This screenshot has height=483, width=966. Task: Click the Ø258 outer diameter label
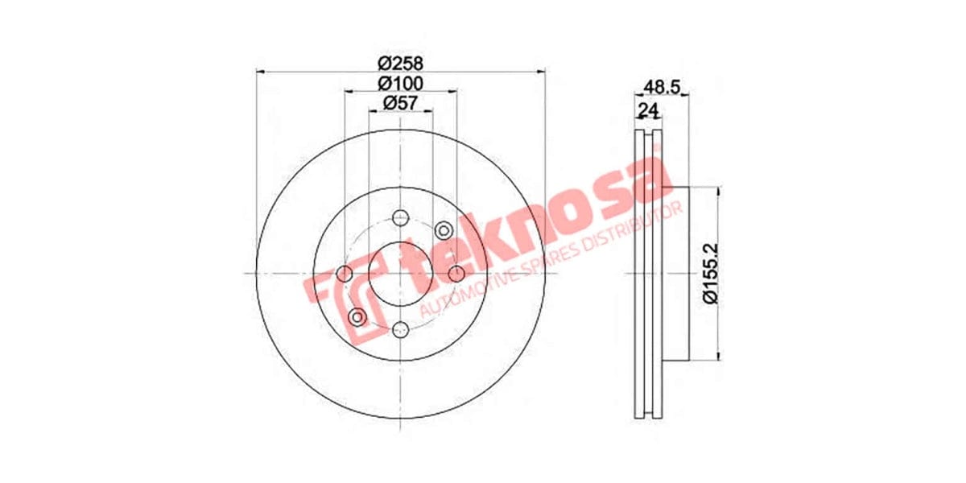pyautogui.click(x=401, y=62)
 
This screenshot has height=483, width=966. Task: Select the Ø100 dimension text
pyautogui.click(x=401, y=82)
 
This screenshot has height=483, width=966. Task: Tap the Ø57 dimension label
pyautogui.click(x=401, y=102)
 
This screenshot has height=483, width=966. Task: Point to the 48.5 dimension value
pyautogui.click(x=660, y=85)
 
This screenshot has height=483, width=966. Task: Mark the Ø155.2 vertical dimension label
pyautogui.click(x=709, y=274)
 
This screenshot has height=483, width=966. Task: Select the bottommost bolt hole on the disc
pyautogui.click(x=400, y=328)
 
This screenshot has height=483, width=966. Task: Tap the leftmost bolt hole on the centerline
pyautogui.click(x=345, y=273)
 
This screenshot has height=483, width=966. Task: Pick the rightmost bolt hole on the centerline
pyautogui.click(x=456, y=273)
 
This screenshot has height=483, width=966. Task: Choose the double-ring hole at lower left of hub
pyautogui.click(x=357, y=316)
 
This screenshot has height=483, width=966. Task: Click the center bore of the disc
pyautogui.click(x=400, y=273)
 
